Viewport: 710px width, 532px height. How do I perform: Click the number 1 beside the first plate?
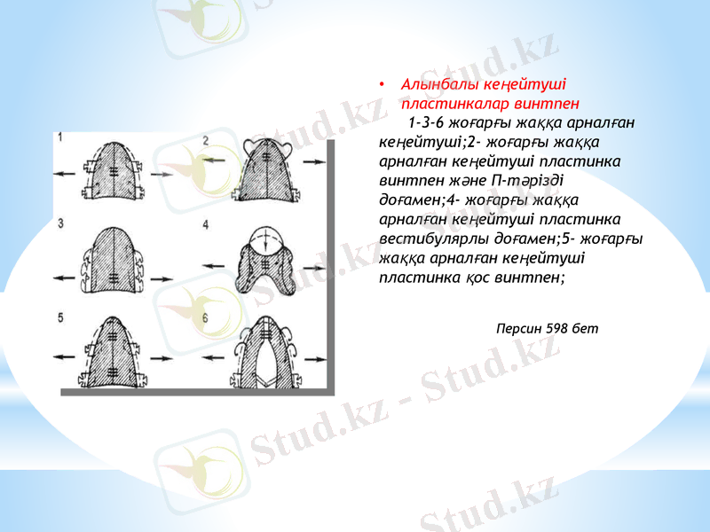[x=60, y=137]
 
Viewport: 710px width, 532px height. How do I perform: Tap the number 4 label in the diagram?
[x=206, y=224]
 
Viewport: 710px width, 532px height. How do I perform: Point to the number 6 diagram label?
[x=206, y=317]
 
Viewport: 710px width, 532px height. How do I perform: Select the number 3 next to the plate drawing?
[x=60, y=224]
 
